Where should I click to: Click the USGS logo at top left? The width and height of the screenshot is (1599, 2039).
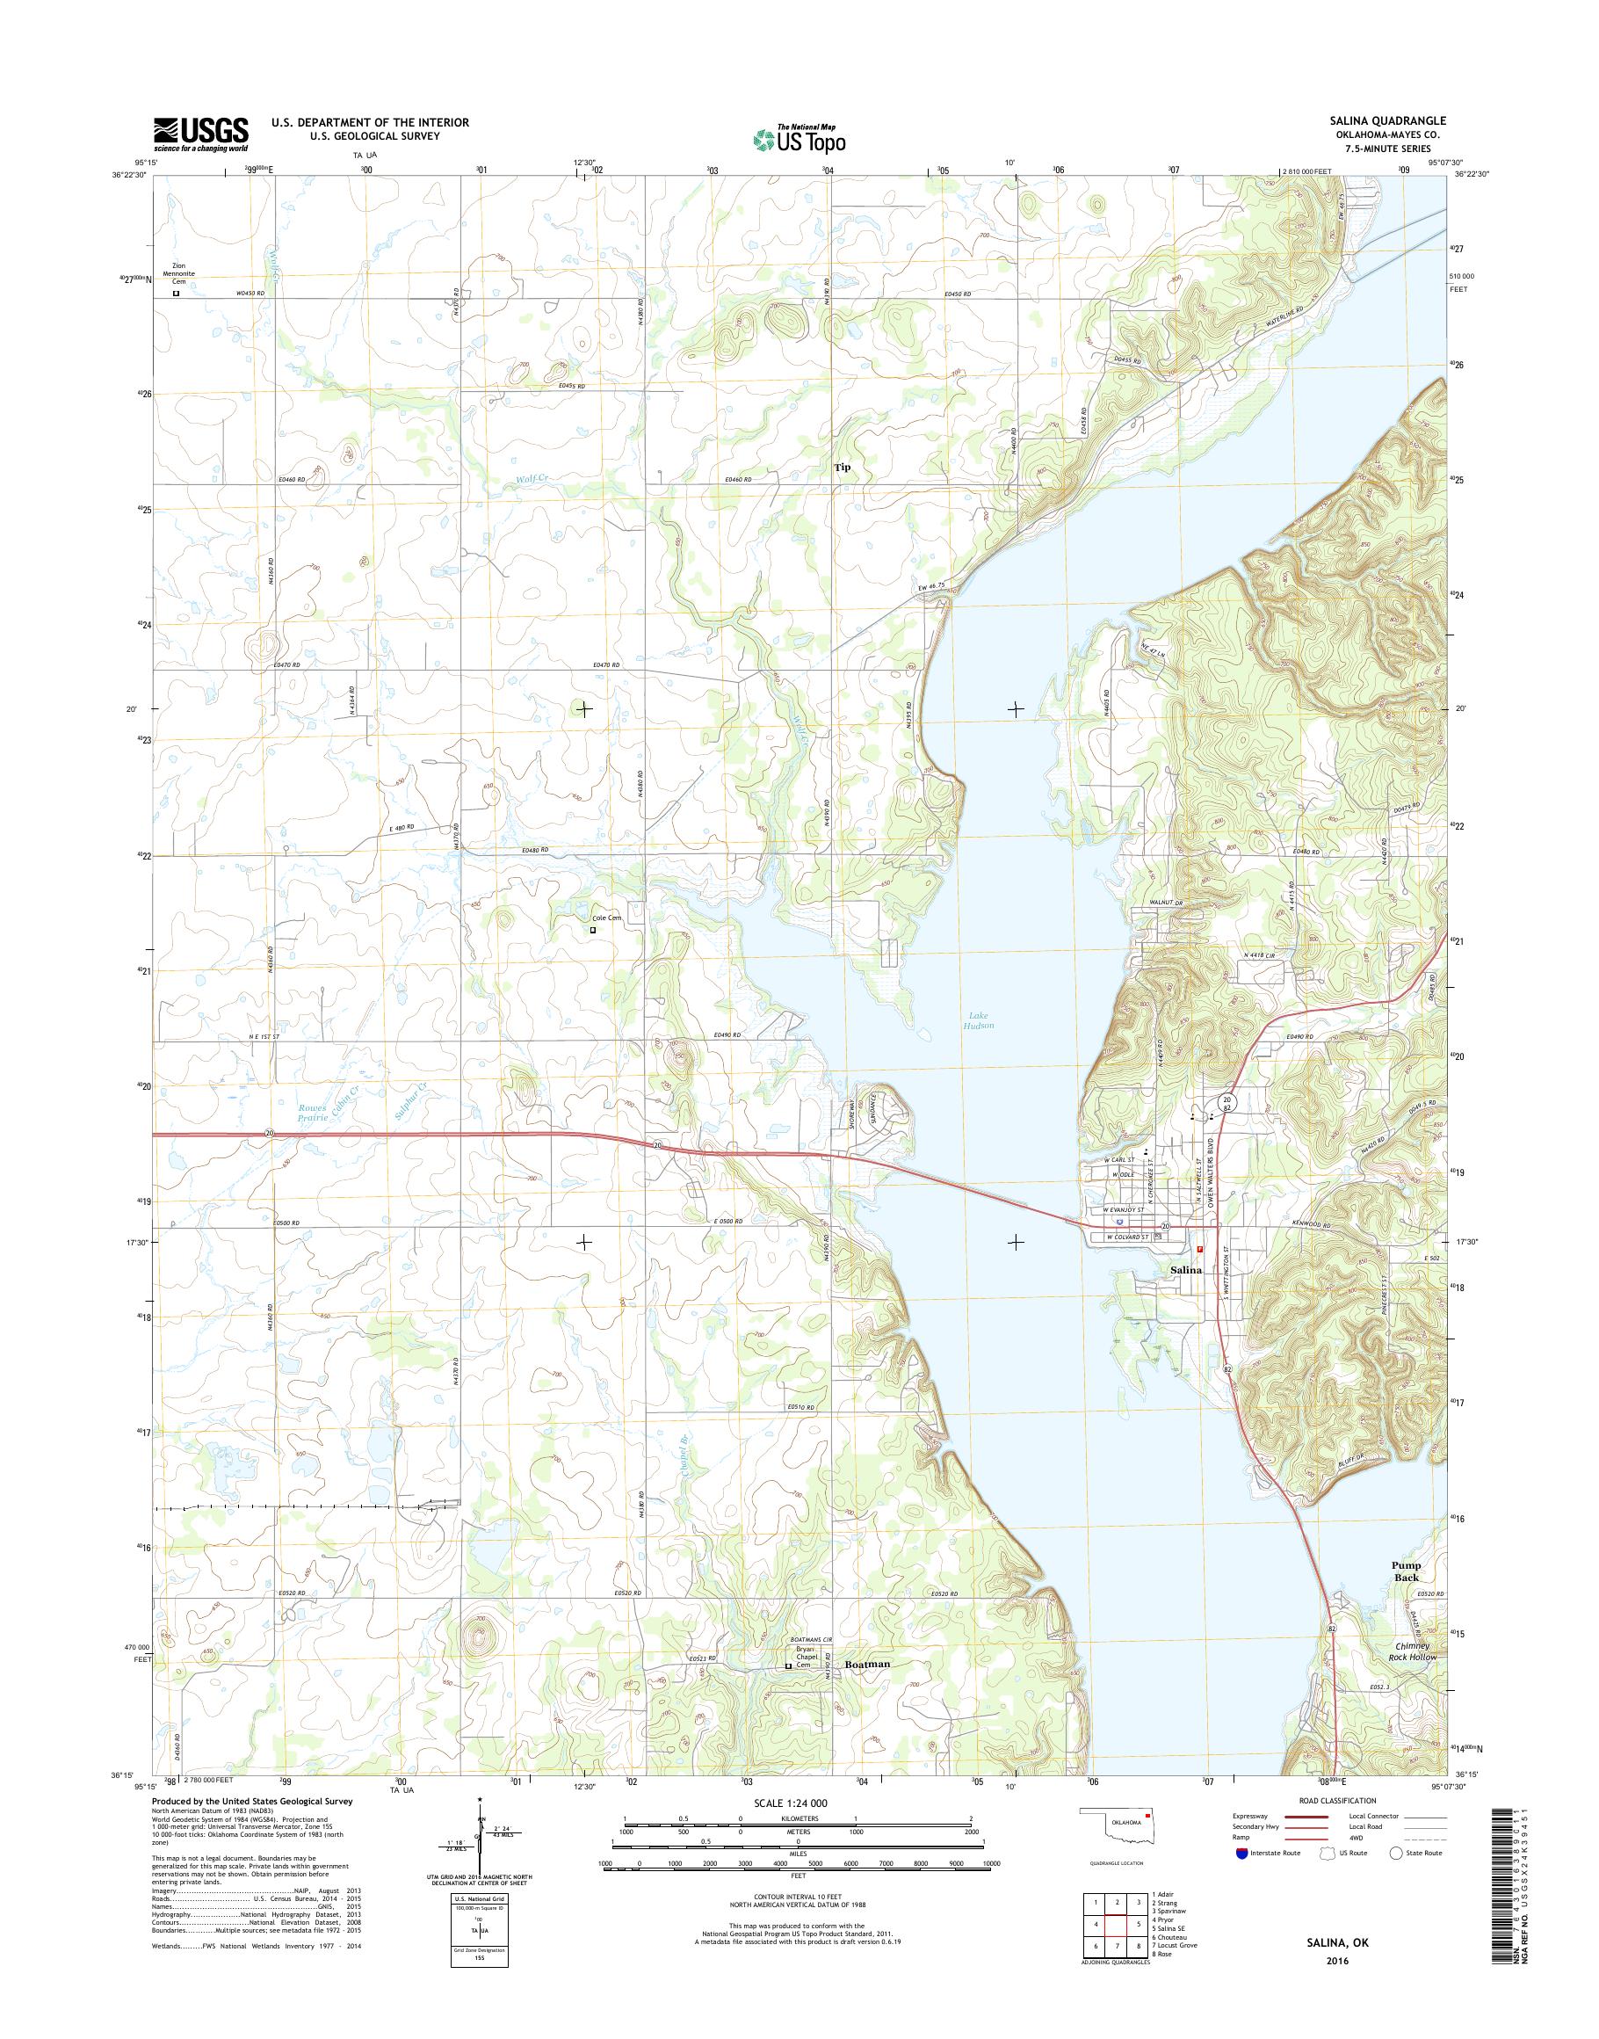[x=201, y=134]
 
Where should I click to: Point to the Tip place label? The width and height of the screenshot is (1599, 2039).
[x=843, y=467]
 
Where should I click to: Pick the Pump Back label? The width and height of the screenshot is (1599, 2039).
[x=1405, y=1571]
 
